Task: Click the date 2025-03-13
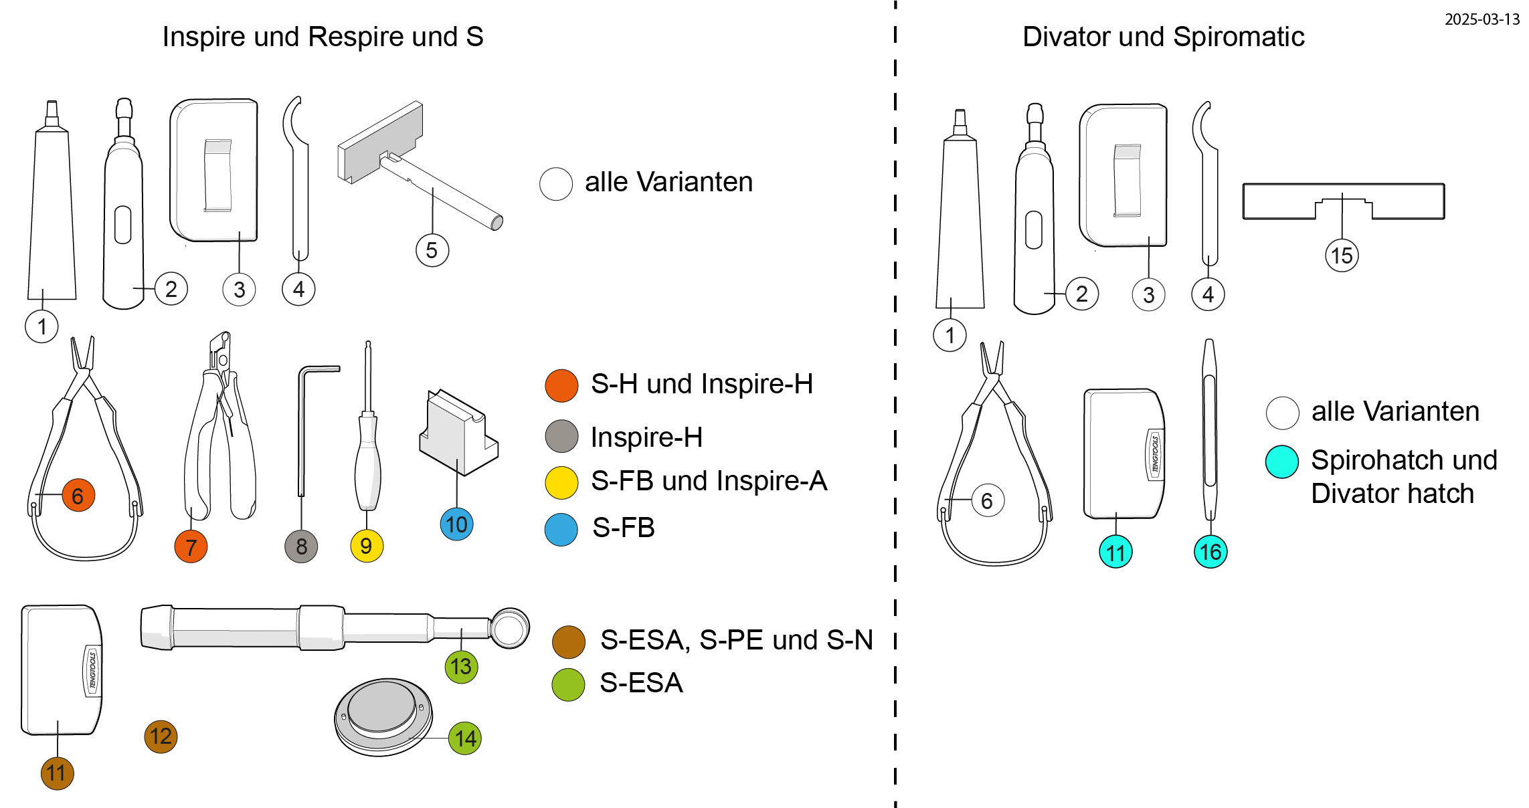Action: [x=1481, y=19]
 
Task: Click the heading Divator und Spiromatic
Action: [x=1163, y=37]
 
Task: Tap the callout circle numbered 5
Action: [x=432, y=251]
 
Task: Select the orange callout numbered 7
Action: [x=191, y=546]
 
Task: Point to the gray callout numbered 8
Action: [x=301, y=546]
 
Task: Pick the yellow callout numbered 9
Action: [x=367, y=546]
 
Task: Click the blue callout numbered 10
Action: [x=457, y=524]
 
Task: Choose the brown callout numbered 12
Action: [x=161, y=736]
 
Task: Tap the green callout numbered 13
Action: [x=461, y=666]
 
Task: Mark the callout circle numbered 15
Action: [x=1342, y=256]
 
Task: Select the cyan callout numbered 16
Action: [x=1210, y=552]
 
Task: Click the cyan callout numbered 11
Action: [x=1115, y=552]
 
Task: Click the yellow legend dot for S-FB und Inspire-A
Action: [x=561, y=482]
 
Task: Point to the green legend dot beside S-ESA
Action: [x=568, y=684]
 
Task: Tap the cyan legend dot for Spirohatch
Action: [x=1282, y=462]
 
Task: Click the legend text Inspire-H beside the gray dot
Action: [x=646, y=437]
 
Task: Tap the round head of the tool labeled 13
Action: [x=509, y=628]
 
